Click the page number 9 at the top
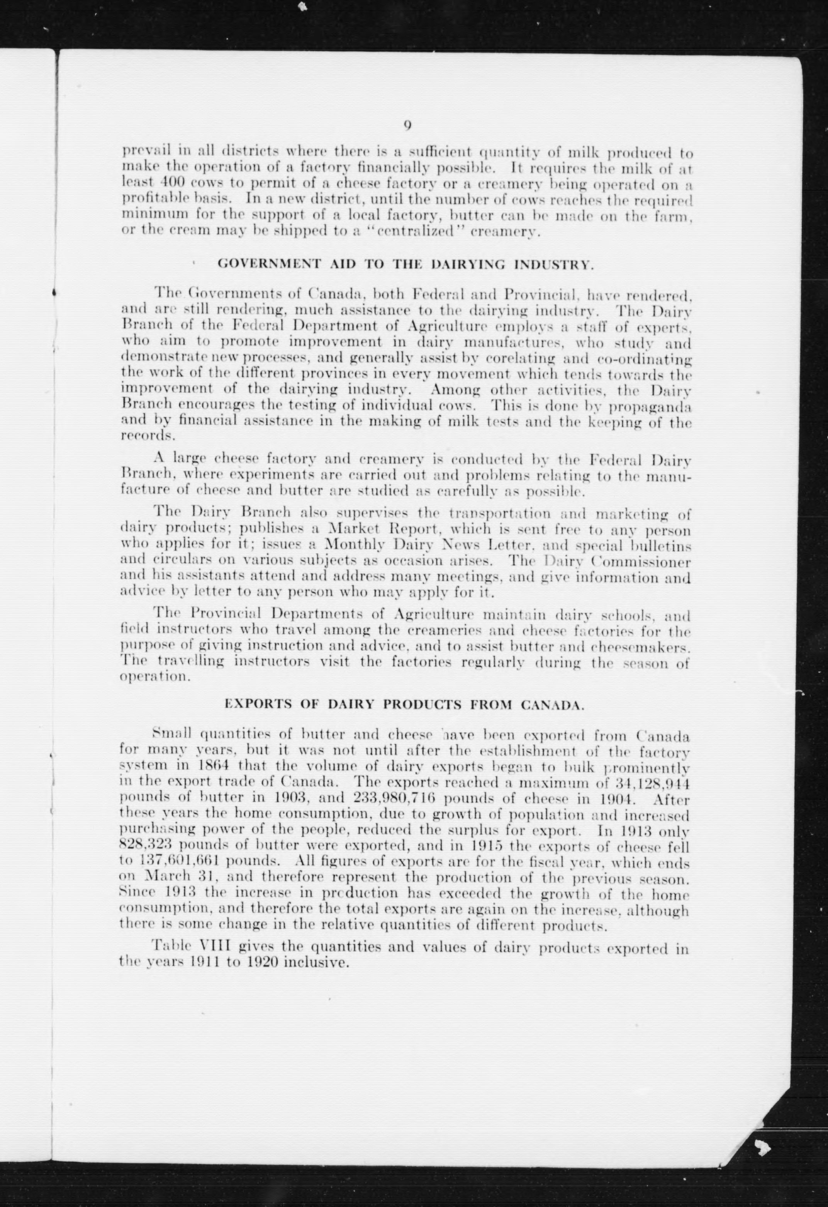point(407,125)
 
